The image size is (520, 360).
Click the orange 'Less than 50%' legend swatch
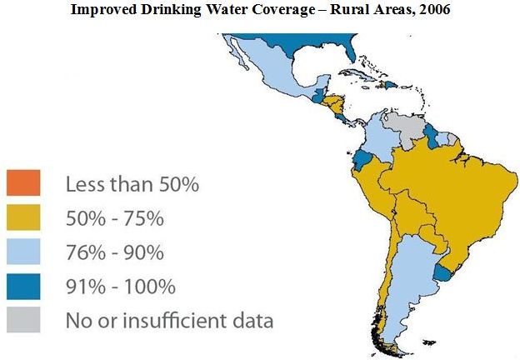[23, 183]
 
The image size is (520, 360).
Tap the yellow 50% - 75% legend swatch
[23, 217]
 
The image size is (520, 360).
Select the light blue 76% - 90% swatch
[23, 252]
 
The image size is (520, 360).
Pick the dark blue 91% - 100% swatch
[23, 287]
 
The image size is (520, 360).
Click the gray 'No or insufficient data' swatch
[23, 319]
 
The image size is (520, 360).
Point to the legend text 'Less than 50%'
[132, 184]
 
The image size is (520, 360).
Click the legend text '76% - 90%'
[115, 252]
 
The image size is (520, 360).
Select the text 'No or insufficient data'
[169, 320]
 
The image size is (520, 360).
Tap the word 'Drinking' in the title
[171, 9]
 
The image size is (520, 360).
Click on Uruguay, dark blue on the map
[442, 272]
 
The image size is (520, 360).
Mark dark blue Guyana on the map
[431, 136]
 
